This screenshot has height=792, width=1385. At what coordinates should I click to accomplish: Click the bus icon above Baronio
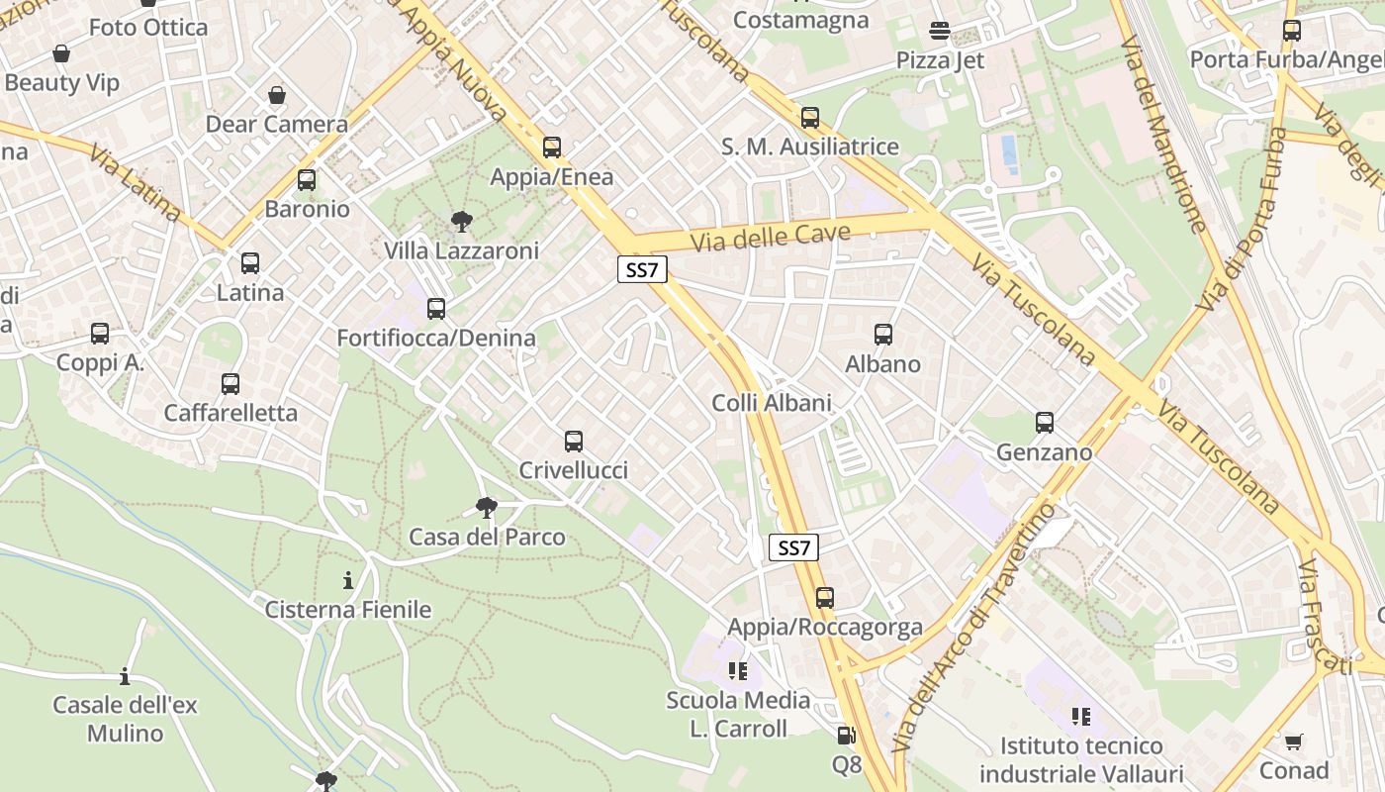pos(307,180)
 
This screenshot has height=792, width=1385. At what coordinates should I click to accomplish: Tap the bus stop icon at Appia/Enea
pos(552,148)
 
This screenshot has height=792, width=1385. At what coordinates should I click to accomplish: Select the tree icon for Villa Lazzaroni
pos(461,222)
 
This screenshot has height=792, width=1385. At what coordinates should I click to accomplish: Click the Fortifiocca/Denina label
pos(436,338)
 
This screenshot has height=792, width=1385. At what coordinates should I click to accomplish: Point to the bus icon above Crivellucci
pos(574,442)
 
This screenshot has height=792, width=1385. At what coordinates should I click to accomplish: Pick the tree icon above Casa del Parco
pos(486,509)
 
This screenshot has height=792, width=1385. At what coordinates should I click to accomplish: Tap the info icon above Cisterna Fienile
pos(348,580)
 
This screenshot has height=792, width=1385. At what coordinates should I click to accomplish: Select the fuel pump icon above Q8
pos(846,736)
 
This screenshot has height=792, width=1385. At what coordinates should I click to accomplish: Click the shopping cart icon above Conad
pos(1293,742)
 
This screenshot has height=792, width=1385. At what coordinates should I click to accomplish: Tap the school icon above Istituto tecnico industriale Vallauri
pos(1081,716)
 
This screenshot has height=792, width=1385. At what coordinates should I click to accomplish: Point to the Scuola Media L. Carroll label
pos(738,715)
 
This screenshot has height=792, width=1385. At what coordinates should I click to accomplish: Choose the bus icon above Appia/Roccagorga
pos(825,598)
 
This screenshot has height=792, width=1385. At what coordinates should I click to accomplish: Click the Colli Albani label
pos(772,403)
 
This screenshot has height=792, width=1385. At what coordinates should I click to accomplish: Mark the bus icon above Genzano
pos(1045,424)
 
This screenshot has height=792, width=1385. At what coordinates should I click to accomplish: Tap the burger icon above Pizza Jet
pos(940,32)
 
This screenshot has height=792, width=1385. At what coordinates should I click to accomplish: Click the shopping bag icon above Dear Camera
pos(277,96)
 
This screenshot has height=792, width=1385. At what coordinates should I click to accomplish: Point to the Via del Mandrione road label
pos(1163,135)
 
